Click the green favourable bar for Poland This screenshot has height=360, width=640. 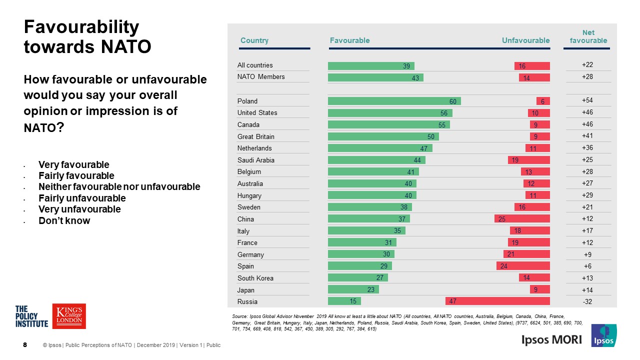click(x=394, y=101)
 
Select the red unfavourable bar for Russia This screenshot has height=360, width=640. click(x=497, y=301)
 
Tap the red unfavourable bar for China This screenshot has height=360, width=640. click(x=522, y=219)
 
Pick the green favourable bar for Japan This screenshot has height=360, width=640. click(x=353, y=289)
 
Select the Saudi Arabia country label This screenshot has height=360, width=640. click(x=255, y=160)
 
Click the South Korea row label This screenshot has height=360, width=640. click(x=255, y=278)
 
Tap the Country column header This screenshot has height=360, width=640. click(x=254, y=40)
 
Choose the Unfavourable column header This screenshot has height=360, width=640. click(x=525, y=40)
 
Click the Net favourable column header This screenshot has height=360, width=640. click(x=588, y=36)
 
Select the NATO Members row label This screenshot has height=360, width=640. click(x=261, y=77)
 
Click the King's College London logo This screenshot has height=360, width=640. click(x=69, y=316)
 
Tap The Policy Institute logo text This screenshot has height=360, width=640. click(x=32, y=316)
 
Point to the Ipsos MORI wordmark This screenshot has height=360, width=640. click(x=551, y=340)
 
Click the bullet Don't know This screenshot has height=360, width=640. click(x=64, y=221)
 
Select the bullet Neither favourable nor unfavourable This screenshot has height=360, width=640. click(x=119, y=187)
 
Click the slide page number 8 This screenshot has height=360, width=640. click(x=25, y=345)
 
